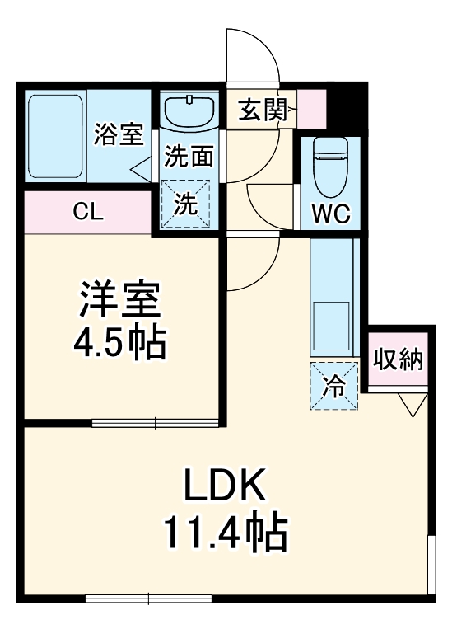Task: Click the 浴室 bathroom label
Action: click(119, 134)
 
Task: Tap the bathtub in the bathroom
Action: click(55, 135)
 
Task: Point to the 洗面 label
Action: click(189, 157)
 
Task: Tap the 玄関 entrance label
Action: click(263, 110)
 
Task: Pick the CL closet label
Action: click(88, 213)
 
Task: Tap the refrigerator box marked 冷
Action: click(334, 386)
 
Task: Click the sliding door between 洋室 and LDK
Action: click(156, 424)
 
